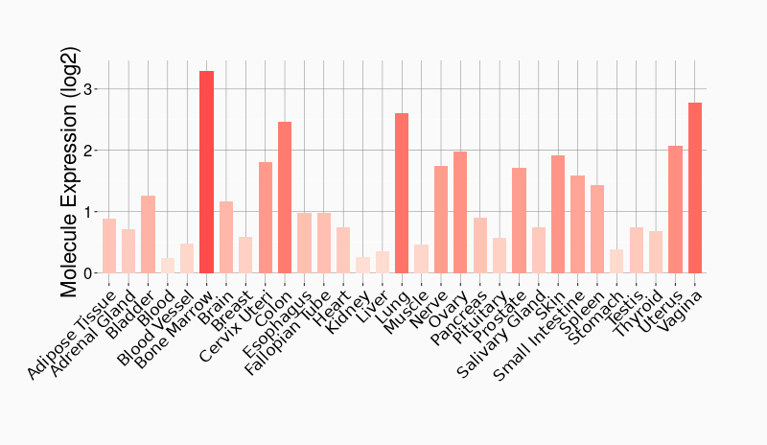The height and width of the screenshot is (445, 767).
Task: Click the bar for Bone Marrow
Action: click(206, 172)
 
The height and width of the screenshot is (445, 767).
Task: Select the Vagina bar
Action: click(695, 188)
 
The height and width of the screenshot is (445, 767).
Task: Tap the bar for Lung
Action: click(402, 193)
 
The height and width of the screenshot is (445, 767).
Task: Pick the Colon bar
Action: click(285, 198)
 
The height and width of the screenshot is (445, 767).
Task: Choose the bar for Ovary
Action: click(460, 212)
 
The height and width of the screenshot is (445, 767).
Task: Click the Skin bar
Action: click(558, 214)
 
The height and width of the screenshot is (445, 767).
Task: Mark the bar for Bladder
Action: click(148, 234)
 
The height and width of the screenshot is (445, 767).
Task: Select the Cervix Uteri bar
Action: click(266, 218)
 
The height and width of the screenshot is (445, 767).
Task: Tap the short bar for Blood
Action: click(168, 266)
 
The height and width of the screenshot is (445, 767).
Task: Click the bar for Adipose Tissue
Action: click(109, 246)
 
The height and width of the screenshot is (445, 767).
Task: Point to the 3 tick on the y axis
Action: click(95, 89)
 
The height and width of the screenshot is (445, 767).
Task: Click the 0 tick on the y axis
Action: click(95, 273)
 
